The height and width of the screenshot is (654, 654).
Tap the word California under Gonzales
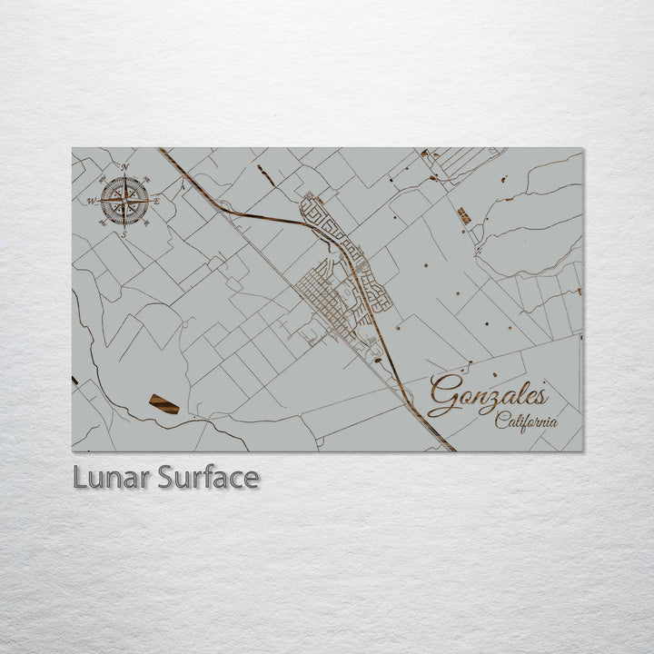click(x=527, y=421)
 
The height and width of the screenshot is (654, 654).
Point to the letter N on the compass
click(x=124, y=167)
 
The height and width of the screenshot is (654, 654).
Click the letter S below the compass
click(x=124, y=234)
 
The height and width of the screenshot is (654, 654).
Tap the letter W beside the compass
click(x=91, y=201)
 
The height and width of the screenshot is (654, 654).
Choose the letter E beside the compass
click(x=156, y=201)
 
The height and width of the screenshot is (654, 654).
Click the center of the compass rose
click(x=124, y=201)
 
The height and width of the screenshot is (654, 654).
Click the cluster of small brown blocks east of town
click(x=464, y=215)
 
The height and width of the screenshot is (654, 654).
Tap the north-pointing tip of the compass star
click(x=124, y=177)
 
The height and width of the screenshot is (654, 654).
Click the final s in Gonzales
click(x=541, y=397)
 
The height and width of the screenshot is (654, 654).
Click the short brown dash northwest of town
click(x=265, y=173)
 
